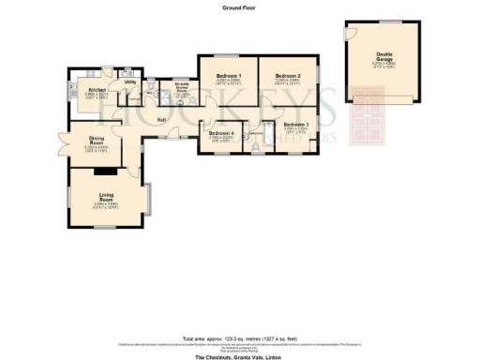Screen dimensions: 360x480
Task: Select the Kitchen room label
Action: coord(97,90)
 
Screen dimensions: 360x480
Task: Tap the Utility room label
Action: coord(129,82)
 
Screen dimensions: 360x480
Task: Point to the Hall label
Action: coord(161,120)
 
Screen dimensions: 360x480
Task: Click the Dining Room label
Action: coord(96,142)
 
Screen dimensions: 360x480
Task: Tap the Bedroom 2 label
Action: coord(287,76)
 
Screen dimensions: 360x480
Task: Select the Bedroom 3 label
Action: coord(294,125)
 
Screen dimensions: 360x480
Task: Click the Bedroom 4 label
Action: coord(221,133)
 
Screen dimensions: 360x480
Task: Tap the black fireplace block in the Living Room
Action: coord(110,172)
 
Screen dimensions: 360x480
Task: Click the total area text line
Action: coord(240,337)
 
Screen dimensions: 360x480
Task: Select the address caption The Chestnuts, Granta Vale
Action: coord(240,356)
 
